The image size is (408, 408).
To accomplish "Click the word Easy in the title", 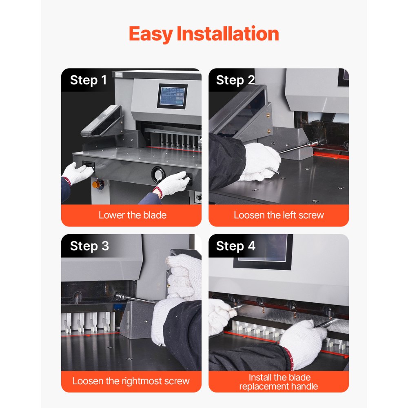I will [151, 34].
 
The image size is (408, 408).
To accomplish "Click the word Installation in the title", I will [228, 33].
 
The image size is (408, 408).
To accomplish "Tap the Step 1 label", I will [88, 80].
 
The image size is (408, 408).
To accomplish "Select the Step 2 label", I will [235, 80].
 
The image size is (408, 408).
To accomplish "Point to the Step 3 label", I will [89, 246].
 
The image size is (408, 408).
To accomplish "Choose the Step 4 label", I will [235, 246].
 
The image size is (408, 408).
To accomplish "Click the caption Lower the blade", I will [132, 215].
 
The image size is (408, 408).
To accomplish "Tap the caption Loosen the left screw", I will [279, 215].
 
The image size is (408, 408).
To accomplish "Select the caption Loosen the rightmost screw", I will [131, 381].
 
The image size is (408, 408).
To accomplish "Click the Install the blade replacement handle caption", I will [279, 381].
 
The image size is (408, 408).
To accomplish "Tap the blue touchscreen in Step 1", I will [172, 96].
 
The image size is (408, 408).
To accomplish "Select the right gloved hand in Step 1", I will [172, 184].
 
